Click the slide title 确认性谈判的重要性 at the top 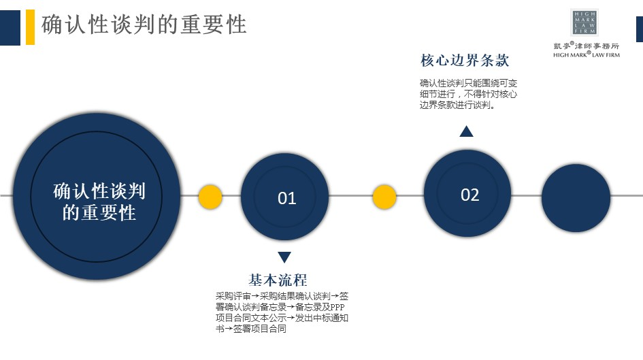144,24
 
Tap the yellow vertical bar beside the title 31,27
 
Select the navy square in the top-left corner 10,27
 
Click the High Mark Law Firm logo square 584,22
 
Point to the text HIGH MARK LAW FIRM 587,54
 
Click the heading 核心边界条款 465,61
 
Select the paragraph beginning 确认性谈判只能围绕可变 468,94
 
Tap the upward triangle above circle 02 466,131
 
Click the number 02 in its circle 470,195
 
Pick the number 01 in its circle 286,199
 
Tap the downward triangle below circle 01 284,257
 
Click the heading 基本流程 278,280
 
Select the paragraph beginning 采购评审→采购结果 282,312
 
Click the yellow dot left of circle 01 210,197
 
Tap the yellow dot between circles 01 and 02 384,197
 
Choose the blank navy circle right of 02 576,198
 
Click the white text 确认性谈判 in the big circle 99,191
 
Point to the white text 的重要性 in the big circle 99,213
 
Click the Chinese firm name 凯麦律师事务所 587,46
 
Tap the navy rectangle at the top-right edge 640,29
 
